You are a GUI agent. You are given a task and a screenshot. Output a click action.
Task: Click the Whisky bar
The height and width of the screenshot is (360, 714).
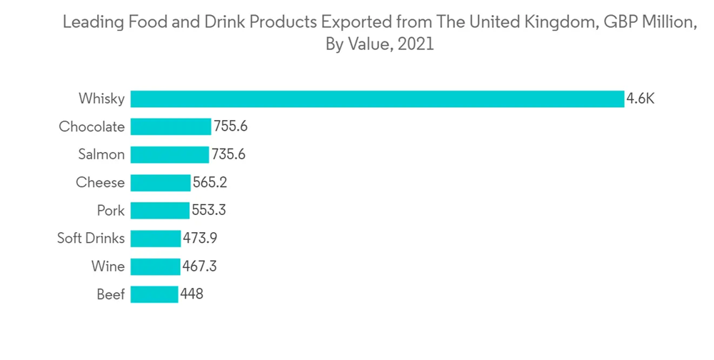click(377, 99)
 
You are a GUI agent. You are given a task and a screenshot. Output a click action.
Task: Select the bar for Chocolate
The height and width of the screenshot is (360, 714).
click(171, 126)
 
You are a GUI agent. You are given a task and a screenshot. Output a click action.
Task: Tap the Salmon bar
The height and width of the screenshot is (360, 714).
click(170, 154)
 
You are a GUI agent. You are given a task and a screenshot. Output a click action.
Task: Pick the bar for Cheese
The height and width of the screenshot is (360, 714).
click(161, 182)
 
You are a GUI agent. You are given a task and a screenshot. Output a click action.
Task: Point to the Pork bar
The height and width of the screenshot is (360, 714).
click(160, 210)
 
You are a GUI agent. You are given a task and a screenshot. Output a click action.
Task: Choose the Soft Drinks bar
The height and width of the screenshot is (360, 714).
click(156, 238)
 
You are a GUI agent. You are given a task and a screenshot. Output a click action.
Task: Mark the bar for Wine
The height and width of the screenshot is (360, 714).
click(155, 266)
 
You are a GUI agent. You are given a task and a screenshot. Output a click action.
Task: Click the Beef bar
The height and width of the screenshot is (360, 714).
click(154, 294)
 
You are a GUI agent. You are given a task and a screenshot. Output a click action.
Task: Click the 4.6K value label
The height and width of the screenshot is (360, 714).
click(640, 99)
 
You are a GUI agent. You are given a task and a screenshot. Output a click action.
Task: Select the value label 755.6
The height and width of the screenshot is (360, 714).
click(231, 126)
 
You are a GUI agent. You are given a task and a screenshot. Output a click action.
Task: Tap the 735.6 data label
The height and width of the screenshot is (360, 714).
click(228, 154)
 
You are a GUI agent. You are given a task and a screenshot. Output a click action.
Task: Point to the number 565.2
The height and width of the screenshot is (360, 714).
click(210, 182)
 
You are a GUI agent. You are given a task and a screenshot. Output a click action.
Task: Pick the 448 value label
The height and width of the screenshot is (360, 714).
click(192, 294)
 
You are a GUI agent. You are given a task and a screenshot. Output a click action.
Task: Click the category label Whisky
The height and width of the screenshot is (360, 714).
click(101, 99)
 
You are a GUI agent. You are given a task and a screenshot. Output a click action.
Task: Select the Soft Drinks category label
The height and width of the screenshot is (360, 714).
click(91, 238)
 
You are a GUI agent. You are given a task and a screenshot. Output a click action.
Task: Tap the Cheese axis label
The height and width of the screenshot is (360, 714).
click(100, 182)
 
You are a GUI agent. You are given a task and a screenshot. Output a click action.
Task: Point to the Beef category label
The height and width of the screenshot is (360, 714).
click(110, 294)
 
